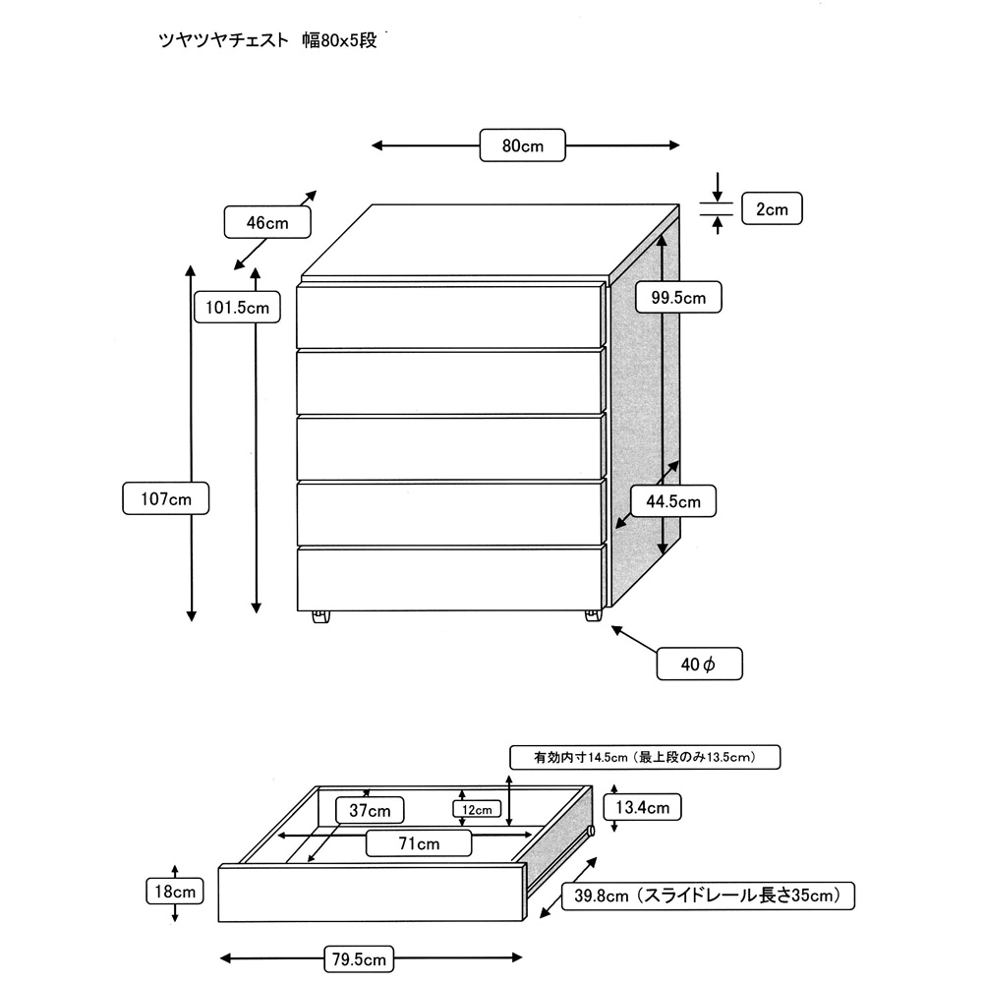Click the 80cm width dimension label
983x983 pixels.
tap(523, 145)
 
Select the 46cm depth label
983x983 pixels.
tap(267, 223)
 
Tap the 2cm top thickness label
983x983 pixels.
tap(772, 208)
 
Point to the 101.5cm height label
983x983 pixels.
tap(237, 307)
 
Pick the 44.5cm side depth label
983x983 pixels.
tap(672, 501)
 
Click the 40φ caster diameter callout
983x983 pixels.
tap(699, 665)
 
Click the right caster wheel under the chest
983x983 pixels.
tap(592, 615)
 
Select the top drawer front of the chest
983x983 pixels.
tap(449, 316)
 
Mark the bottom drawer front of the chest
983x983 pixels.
tap(449, 579)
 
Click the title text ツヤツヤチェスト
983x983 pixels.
tap(224, 41)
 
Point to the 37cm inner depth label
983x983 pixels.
tap(370, 810)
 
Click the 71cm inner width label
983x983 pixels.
tap(419, 843)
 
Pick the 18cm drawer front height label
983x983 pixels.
tap(173, 893)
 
